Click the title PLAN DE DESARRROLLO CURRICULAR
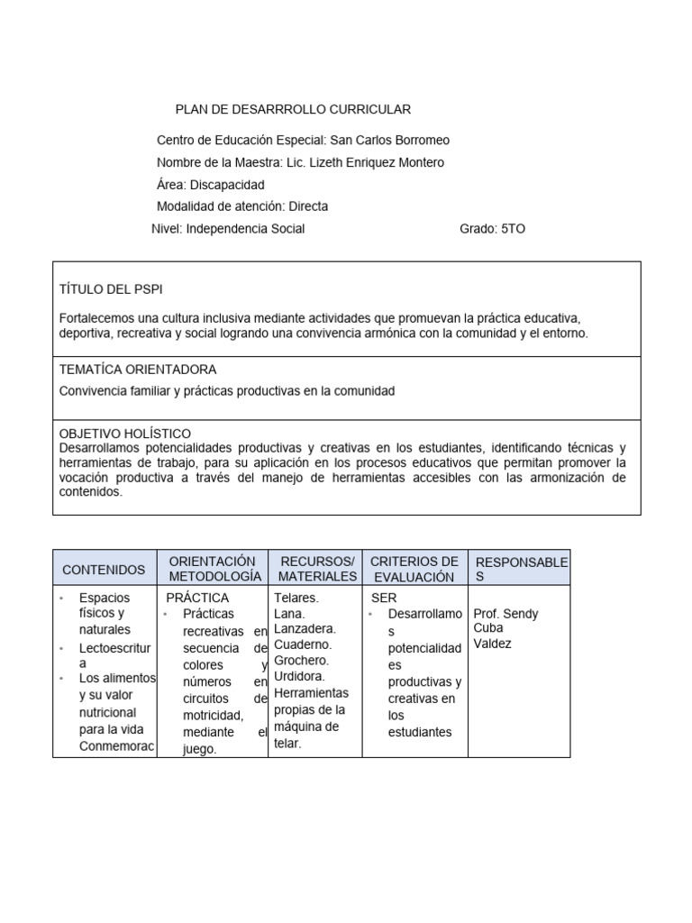pyautogui.click(x=293, y=109)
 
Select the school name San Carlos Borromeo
pyautogui.click(x=389, y=141)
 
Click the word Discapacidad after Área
pyautogui.click(x=227, y=185)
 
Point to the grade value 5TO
pyautogui.click(x=512, y=229)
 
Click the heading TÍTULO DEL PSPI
pyautogui.click(x=111, y=288)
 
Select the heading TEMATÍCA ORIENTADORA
pyautogui.click(x=137, y=370)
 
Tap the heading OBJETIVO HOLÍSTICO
pyautogui.click(x=124, y=434)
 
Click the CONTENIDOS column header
pyautogui.click(x=104, y=570)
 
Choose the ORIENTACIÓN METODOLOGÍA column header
pyautogui.click(x=212, y=569)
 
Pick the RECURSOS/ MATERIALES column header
pyautogui.click(x=317, y=569)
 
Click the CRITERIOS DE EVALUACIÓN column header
pyautogui.click(x=414, y=569)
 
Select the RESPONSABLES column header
pyautogui.click(x=521, y=569)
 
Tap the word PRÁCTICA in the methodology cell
pyautogui.click(x=197, y=598)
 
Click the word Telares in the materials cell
pyautogui.click(x=295, y=598)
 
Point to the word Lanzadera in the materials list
pyautogui.click(x=305, y=628)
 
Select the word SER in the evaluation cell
pyautogui.click(x=384, y=598)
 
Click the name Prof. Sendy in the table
pyautogui.click(x=505, y=614)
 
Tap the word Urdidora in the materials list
pyautogui.click(x=300, y=675)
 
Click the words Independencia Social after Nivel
pyautogui.click(x=245, y=229)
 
